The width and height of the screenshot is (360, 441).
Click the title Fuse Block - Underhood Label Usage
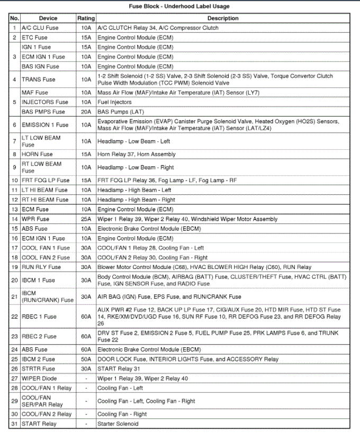pyautogui.click(x=179, y=6)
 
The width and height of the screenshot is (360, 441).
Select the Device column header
pyautogui.click(x=48, y=19)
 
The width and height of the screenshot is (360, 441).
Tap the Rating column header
pyautogui.click(x=86, y=19)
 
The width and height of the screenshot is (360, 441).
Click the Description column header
pyautogui.click(x=222, y=19)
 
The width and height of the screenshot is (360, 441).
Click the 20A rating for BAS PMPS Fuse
pyautogui.click(x=86, y=112)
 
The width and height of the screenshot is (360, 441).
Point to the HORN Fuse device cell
pyautogui.click(x=38, y=154)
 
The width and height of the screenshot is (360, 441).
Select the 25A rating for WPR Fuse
pyautogui.click(x=86, y=219)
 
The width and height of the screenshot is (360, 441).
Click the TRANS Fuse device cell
pyautogui.click(x=38, y=79)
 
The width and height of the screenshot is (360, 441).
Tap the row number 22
pyautogui.click(x=14, y=316)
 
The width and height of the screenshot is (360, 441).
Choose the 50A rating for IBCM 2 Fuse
pyautogui.click(x=86, y=359)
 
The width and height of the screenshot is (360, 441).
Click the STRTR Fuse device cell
pyautogui.click(x=38, y=368)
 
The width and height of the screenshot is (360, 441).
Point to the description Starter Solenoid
pyautogui.click(x=118, y=424)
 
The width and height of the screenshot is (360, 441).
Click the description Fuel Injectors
pyautogui.click(x=114, y=102)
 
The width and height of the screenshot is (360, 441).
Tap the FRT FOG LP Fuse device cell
pyautogui.click(x=46, y=181)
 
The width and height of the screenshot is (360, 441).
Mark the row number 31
pyautogui.click(x=14, y=424)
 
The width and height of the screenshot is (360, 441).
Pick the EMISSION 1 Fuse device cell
pyautogui.click(x=45, y=125)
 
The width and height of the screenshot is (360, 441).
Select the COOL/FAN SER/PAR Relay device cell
pyautogui.click(x=42, y=401)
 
